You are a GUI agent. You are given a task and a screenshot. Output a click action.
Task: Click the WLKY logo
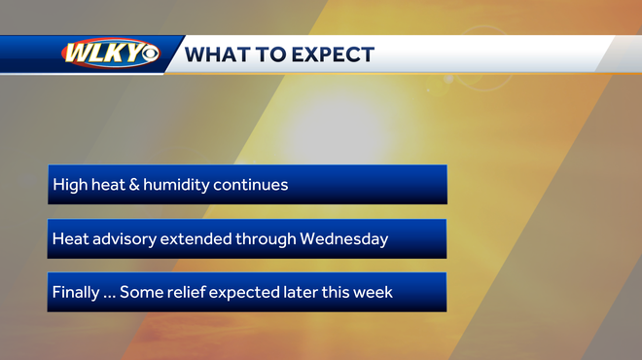110,54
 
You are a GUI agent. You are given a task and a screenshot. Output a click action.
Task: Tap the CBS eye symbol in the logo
149,54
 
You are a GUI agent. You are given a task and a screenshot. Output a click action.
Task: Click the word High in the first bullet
69,185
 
